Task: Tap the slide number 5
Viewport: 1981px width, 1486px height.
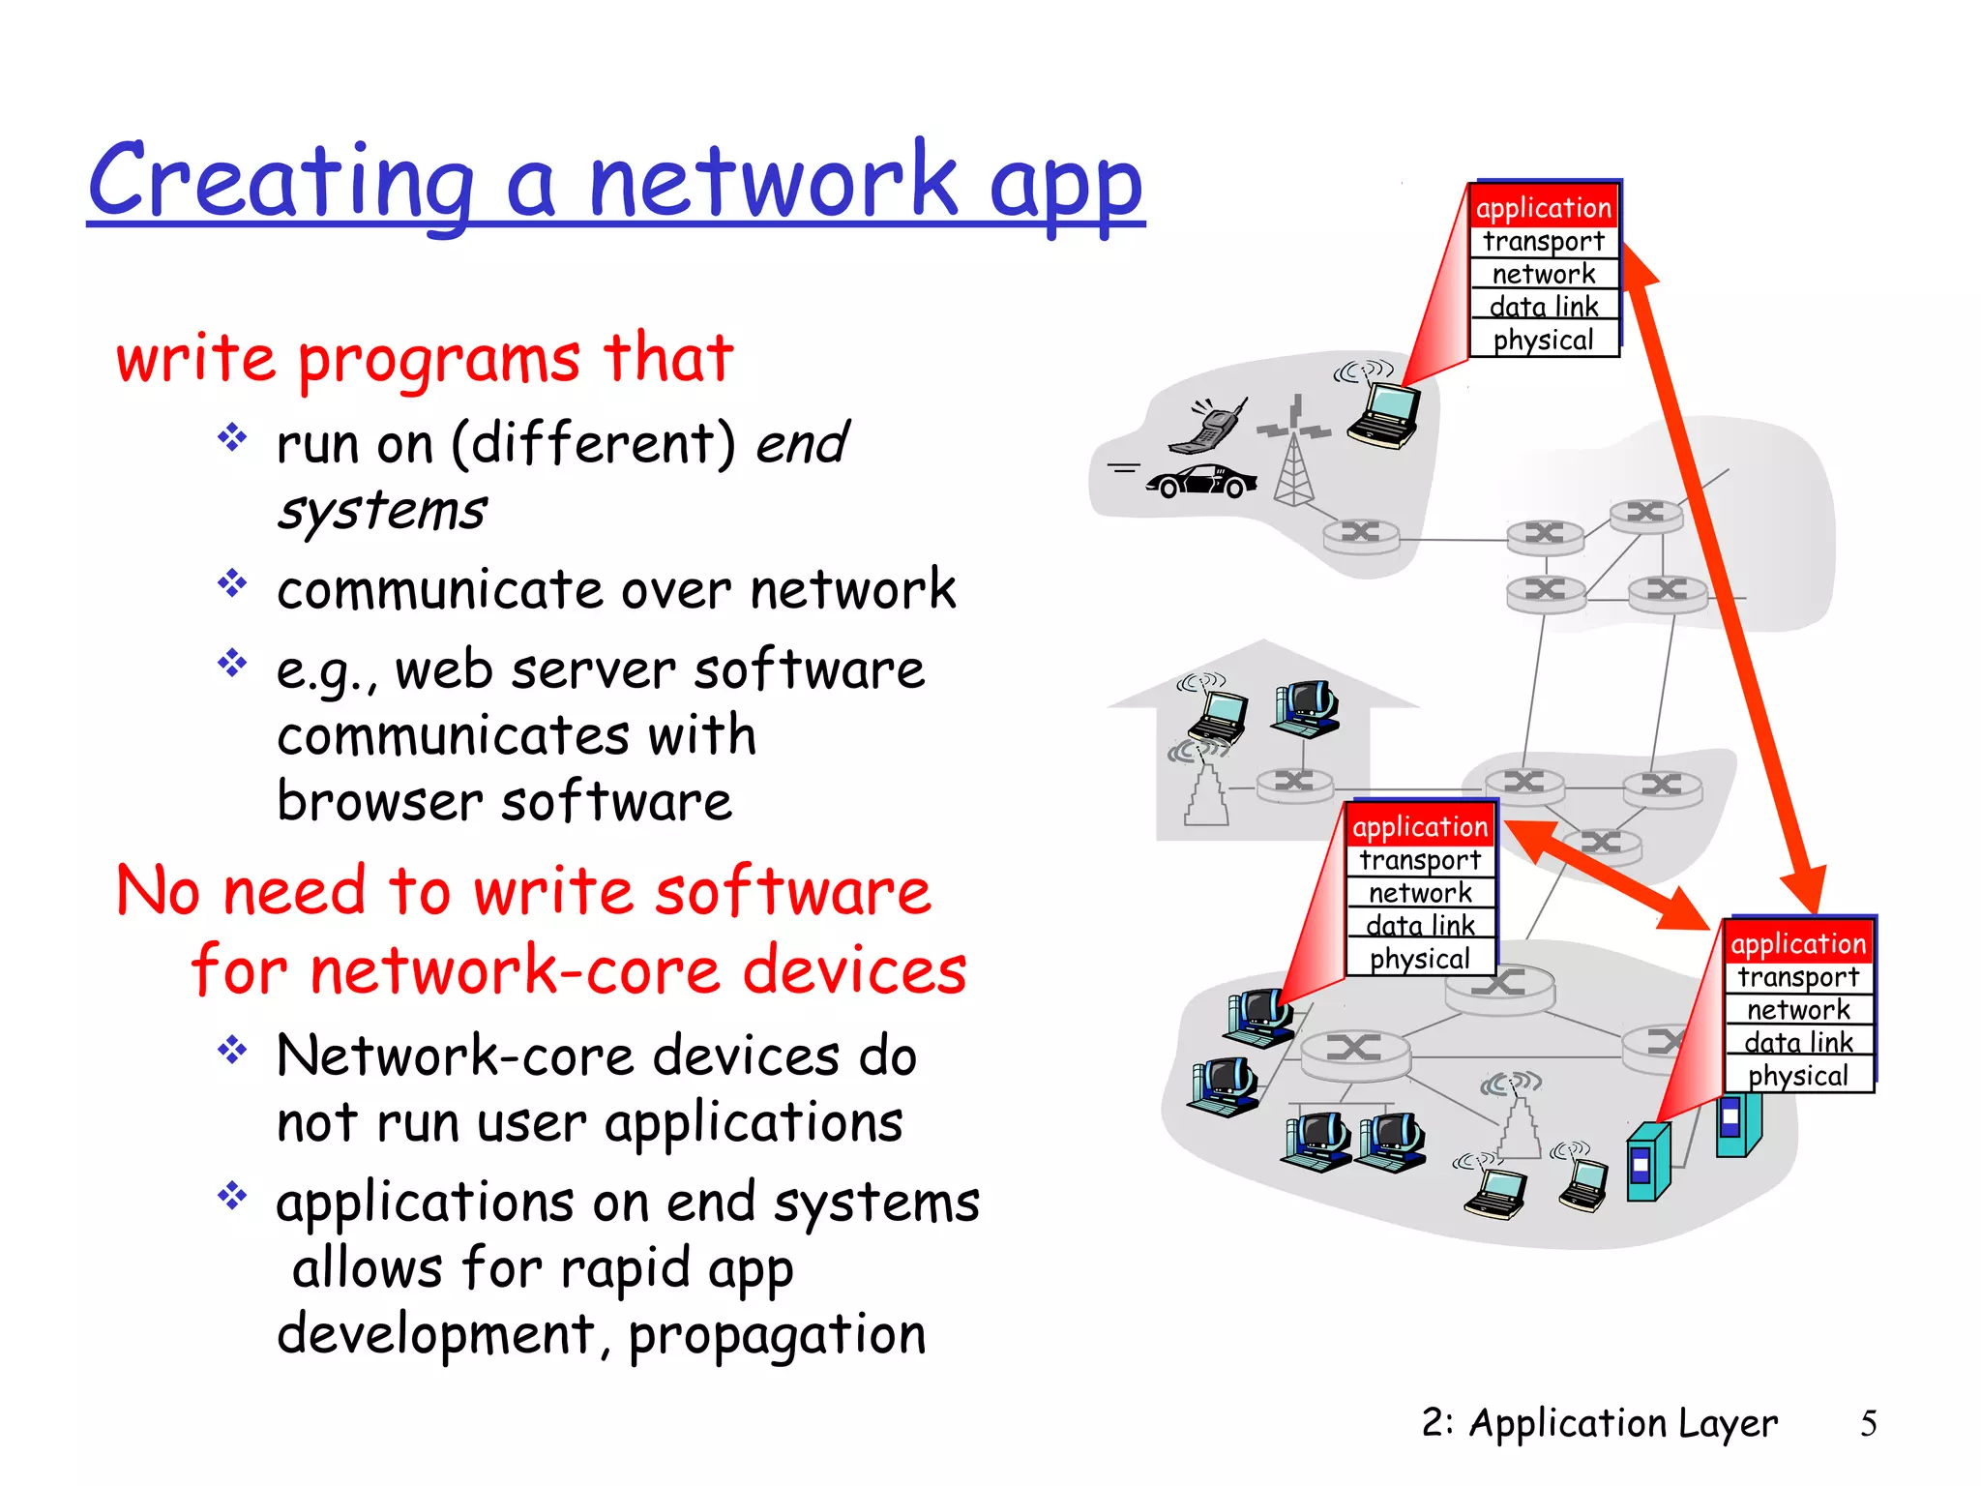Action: (1868, 1423)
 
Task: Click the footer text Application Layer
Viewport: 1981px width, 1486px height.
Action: (1622, 1423)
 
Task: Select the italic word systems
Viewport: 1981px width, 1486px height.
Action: (382, 511)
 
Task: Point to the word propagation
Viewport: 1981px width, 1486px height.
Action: (777, 1335)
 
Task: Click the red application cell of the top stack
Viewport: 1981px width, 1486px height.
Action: (1543, 208)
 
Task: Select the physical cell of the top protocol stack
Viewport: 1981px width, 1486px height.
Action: (1543, 341)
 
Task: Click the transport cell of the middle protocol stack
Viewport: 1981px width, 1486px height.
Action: (1419, 860)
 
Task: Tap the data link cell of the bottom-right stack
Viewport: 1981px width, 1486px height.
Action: (1798, 1043)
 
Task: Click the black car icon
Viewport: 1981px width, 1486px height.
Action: (1201, 481)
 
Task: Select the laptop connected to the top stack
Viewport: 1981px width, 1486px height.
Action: (1384, 414)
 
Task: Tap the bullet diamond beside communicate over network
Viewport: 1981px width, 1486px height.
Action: (232, 583)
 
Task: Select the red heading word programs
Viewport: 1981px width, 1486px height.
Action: (438, 359)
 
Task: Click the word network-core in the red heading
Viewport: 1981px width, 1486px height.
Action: (515, 970)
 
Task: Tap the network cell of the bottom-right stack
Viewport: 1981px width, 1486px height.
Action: (1798, 1010)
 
